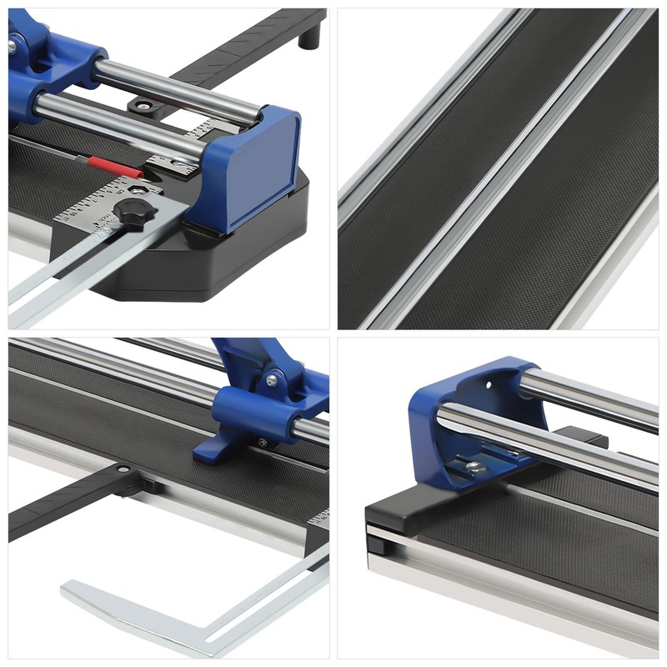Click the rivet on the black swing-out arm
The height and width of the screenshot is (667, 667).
tap(124, 470)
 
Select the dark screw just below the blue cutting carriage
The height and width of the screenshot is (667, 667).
tap(263, 443)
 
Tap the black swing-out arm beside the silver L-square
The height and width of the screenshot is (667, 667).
tap(67, 504)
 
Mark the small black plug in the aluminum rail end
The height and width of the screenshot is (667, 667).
tap(376, 546)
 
